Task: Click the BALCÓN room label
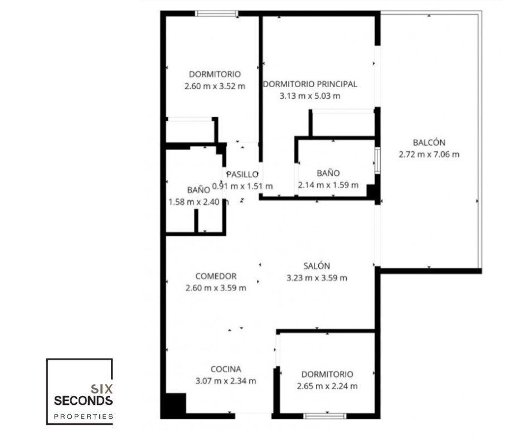point(429,142)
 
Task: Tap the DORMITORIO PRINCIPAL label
point(310,84)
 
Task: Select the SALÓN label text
point(317,266)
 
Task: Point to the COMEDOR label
point(216,276)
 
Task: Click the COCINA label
point(226,369)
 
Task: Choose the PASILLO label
point(242,174)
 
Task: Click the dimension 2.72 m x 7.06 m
point(429,154)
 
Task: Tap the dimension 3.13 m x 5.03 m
point(310,96)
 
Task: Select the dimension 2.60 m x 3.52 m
point(215,86)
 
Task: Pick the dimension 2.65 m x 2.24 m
point(327,386)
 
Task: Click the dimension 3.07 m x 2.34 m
point(226,381)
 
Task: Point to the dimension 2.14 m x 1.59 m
point(328,185)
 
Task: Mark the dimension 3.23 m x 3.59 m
point(317,278)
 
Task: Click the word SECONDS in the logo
point(83,400)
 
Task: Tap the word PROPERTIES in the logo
point(83,417)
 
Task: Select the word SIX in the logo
point(101,389)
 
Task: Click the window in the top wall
point(216,14)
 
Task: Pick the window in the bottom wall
point(325,416)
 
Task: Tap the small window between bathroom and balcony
point(377,160)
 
